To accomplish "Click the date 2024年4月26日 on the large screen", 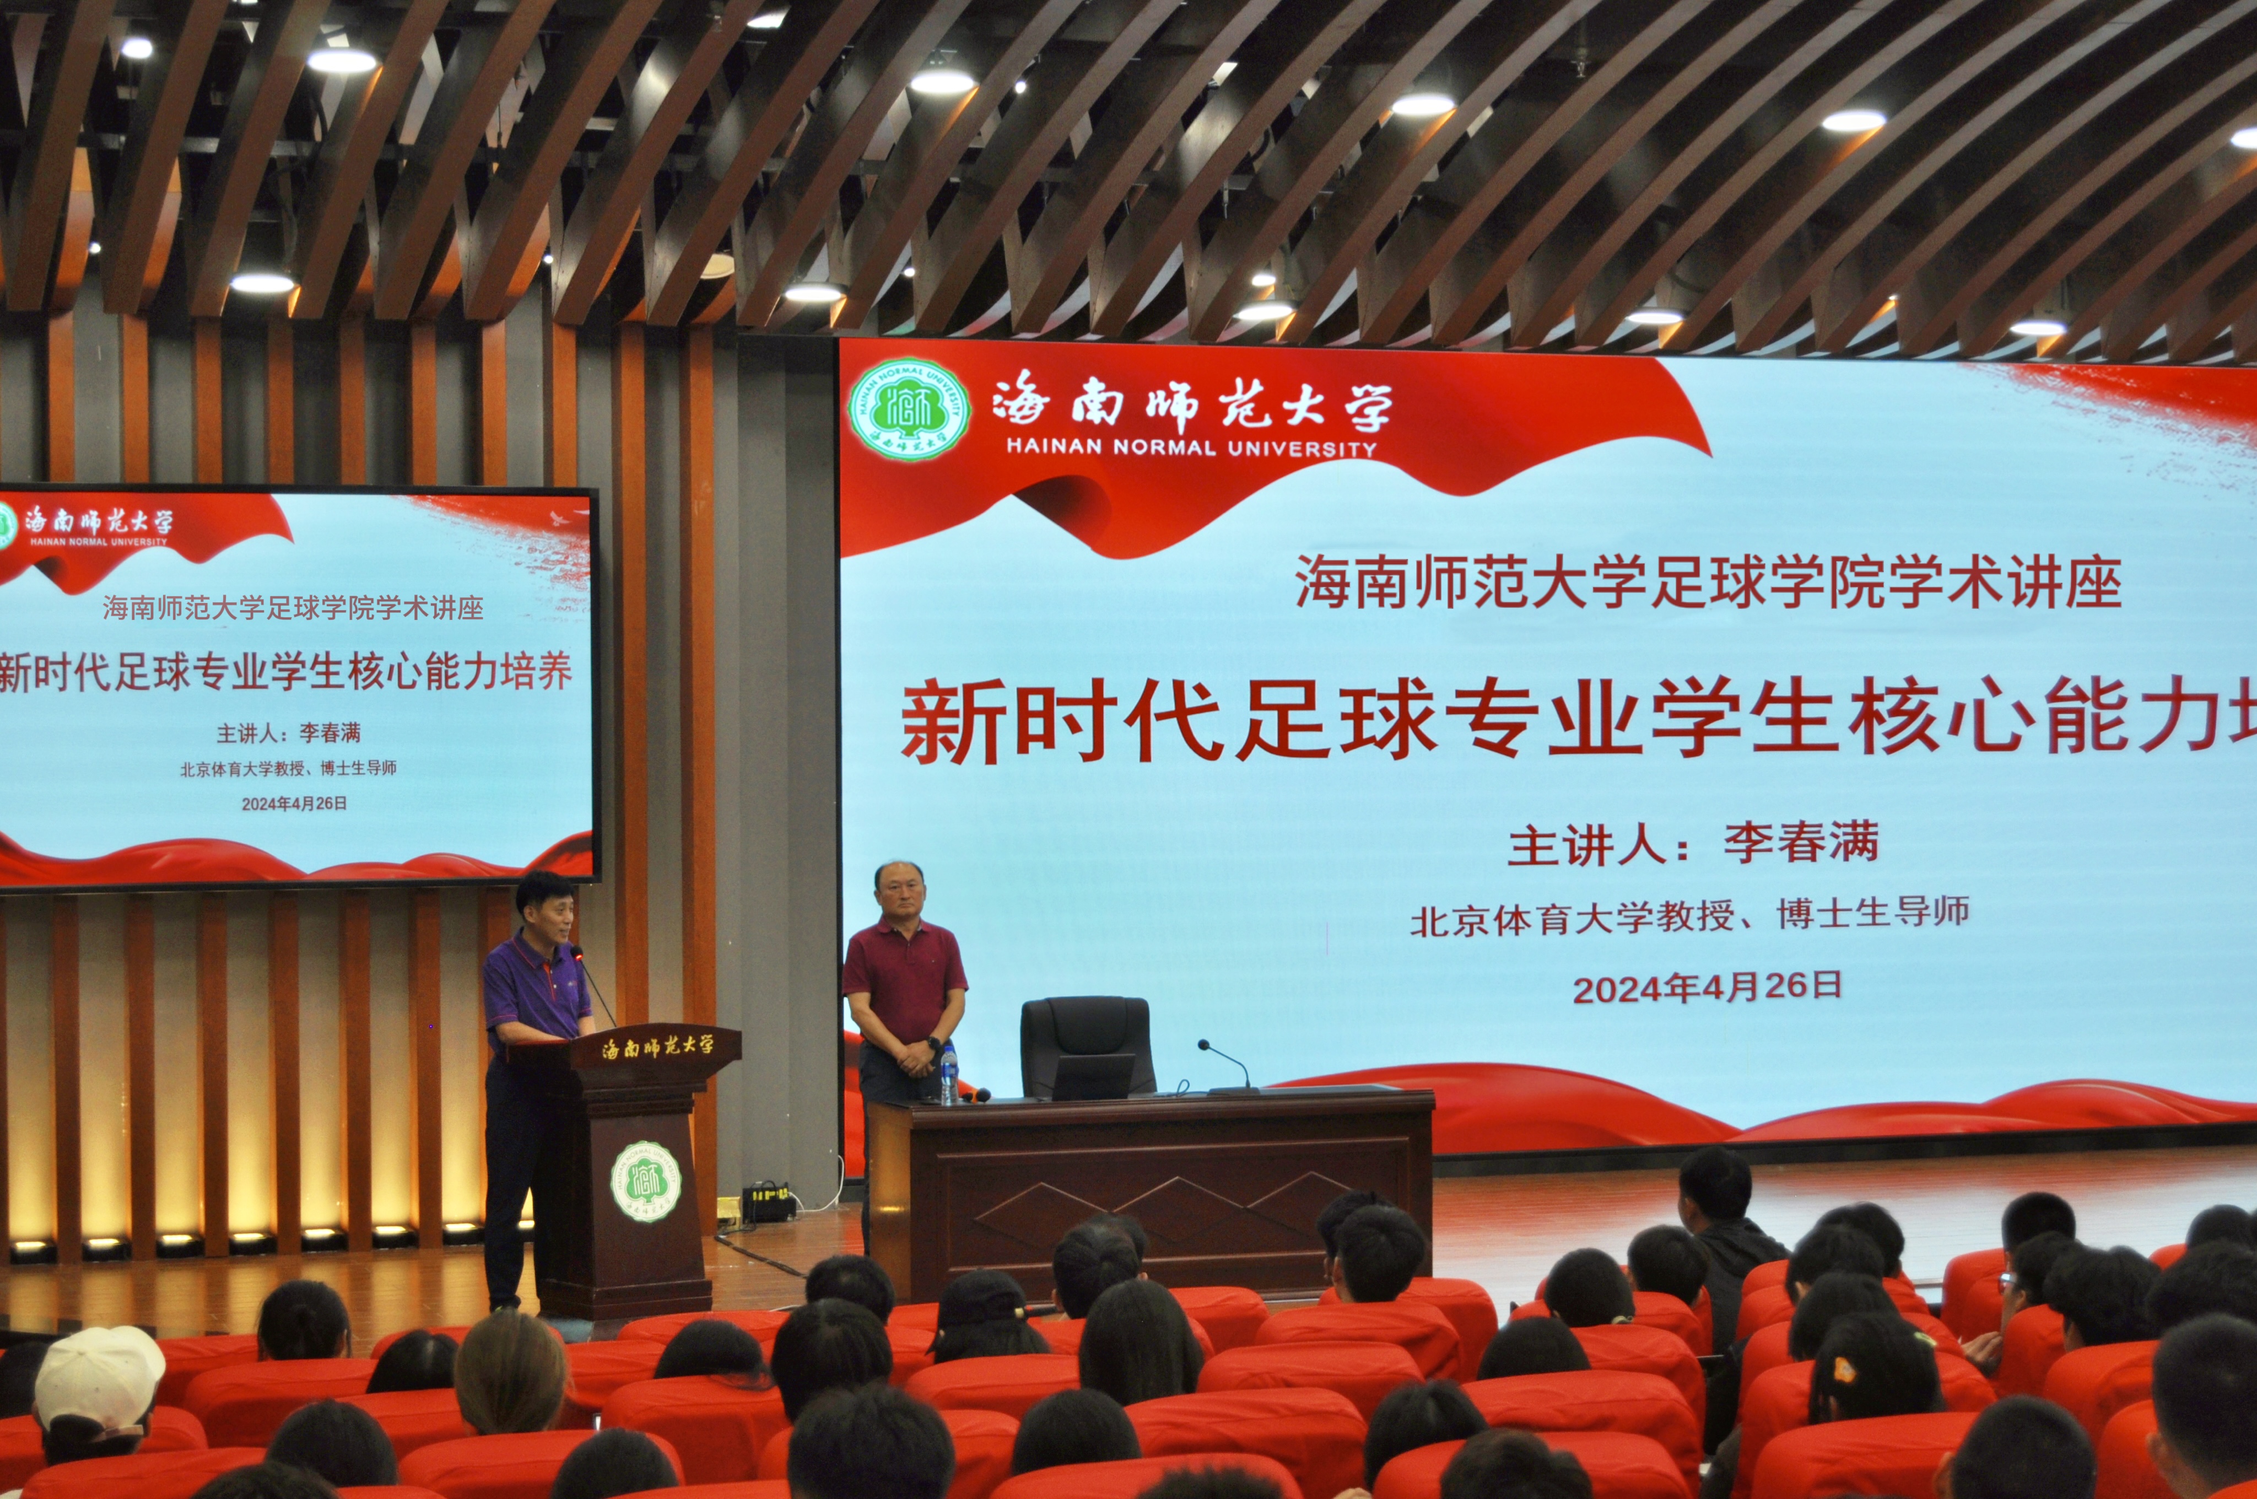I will [x=1707, y=986].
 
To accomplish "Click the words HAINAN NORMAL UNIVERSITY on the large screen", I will [x=1191, y=447].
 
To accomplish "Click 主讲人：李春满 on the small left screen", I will [x=289, y=734].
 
